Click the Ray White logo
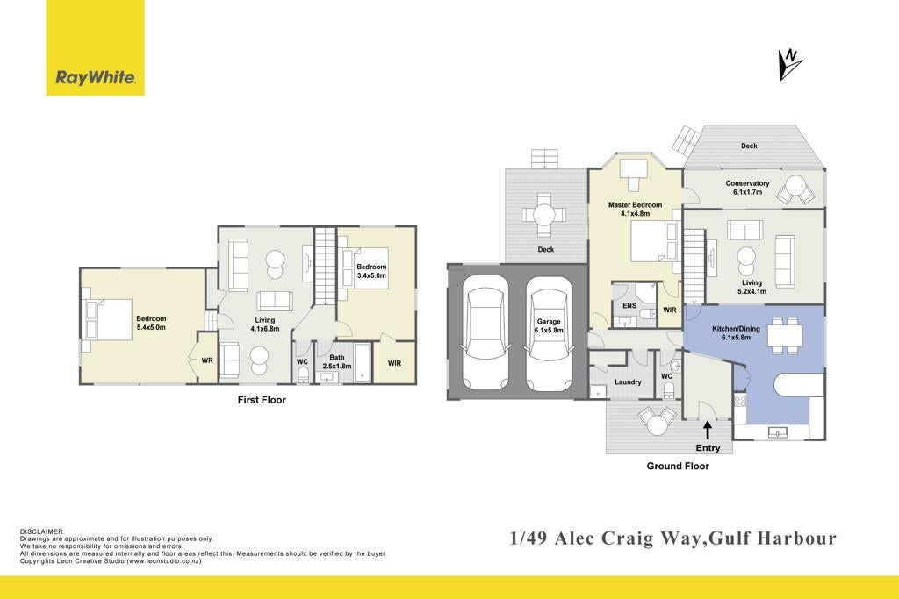95,47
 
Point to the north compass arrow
789,64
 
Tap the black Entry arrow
708,430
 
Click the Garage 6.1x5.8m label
549,326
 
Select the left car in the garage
485,332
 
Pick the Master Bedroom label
636,205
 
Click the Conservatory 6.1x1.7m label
748,188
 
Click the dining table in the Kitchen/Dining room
784,334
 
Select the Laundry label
628,382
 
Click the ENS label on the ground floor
629,306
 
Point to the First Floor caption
262,400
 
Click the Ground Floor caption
678,467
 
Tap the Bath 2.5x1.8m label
337,362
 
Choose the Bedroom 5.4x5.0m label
151,323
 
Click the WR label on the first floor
207,360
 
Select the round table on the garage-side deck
543,216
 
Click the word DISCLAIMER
42,532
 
